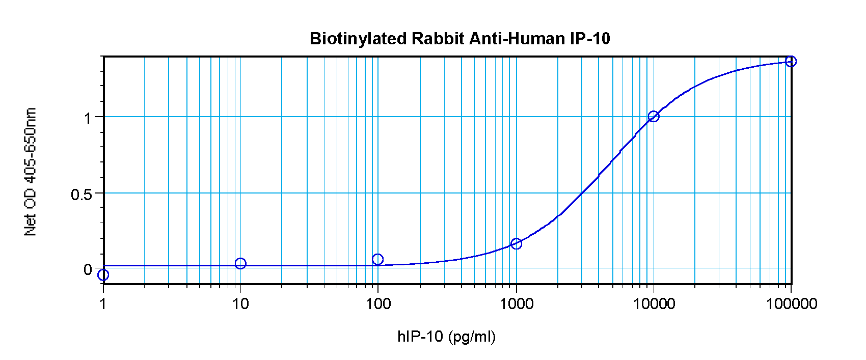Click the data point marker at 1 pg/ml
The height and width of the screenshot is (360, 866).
point(103,275)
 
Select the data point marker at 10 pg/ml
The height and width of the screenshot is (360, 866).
point(240,263)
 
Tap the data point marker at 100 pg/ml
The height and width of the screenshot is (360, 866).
point(377,260)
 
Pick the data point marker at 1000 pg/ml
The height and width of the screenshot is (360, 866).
point(516,244)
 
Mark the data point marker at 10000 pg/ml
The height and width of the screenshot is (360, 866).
point(654,117)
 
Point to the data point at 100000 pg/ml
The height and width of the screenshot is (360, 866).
point(791,62)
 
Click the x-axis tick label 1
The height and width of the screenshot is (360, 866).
point(103,304)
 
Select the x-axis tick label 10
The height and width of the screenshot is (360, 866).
point(240,304)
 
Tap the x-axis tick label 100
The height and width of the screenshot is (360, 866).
point(378,304)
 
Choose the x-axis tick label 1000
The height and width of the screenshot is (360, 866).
point(517,304)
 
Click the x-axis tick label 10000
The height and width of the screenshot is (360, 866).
point(654,304)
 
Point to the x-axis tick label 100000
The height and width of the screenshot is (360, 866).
point(792,304)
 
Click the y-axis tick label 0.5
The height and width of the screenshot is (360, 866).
point(82,195)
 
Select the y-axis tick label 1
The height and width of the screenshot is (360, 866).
point(87,118)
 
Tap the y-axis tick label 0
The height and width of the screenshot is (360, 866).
point(88,269)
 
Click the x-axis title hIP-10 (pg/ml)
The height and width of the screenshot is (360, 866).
point(446,337)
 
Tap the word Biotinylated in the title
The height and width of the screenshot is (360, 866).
point(358,39)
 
